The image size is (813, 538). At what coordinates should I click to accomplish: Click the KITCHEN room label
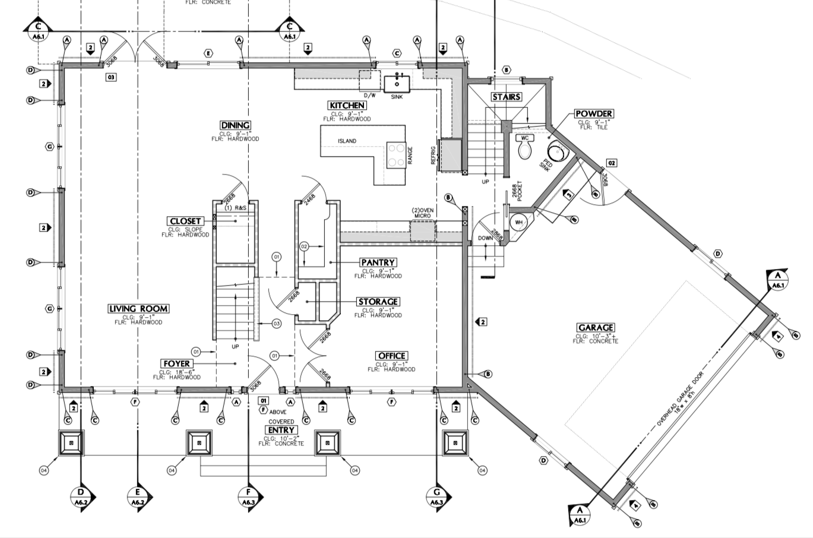click(x=347, y=105)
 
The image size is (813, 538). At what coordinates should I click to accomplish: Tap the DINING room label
click(x=235, y=125)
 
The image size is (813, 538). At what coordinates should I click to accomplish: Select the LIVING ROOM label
click(x=138, y=309)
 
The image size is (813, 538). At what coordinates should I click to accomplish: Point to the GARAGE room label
click(x=596, y=328)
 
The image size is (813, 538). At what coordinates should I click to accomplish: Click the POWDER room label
click(x=594, y=113)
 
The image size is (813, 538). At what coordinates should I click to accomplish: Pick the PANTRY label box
click(x=378, y=262)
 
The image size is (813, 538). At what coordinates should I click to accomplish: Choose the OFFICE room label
click(x=391, y=356)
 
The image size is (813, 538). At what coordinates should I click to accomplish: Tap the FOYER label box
click(x=176, y=363)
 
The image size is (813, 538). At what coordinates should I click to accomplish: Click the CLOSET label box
click(x=185, y=221)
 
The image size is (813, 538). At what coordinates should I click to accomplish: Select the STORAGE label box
click(x=378, y=302)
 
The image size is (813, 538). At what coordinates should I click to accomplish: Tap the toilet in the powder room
click(x=524, y=148)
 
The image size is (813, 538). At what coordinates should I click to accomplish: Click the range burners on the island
click(x=396, y=154)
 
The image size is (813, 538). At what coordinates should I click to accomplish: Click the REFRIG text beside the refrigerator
click(x=434, y=156)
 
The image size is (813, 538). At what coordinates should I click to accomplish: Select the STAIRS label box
click(x=506, y=97)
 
